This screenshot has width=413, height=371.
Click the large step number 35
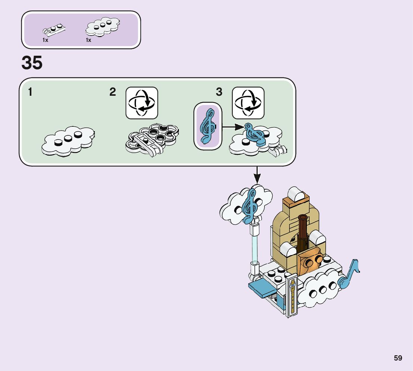tap(32, 63)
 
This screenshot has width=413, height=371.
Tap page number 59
tap(398, 358)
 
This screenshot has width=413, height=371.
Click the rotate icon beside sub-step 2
tap(142, 103)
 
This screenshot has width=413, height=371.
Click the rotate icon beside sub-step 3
tap(248, 103)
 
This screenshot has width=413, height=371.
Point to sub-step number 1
tap(30, 92)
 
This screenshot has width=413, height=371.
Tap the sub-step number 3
tap(219, 92)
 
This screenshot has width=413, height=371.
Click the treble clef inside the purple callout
tap(208, 126)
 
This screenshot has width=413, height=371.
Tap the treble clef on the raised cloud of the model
tap(250, 205)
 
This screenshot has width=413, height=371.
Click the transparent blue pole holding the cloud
tap(255, 245)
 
